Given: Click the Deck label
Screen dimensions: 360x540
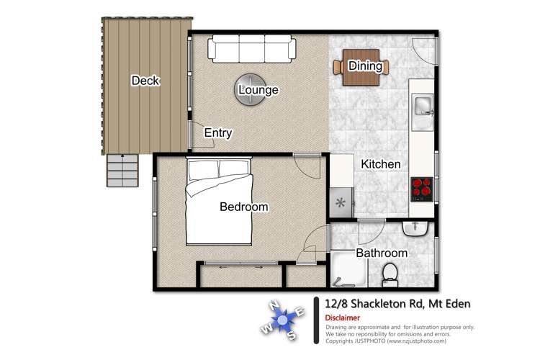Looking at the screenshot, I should pos(145,81).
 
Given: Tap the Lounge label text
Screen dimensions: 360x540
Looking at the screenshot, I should pos(258,90).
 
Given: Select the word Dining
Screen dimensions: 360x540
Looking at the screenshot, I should pos(365,66).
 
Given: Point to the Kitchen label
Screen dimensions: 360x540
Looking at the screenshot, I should pos(380,164).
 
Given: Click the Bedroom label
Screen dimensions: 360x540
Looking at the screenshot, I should pos(243,207).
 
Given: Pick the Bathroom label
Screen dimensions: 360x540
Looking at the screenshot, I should pos(382,253).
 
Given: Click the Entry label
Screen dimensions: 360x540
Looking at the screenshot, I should pos(218,133).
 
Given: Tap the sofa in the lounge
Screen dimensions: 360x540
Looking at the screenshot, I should pos(251,49).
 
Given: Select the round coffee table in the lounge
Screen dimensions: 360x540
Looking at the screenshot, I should pos(248,90).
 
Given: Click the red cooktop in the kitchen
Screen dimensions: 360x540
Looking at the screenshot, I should pos(422,189).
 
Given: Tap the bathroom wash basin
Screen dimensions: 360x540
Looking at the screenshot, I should pos(416,228).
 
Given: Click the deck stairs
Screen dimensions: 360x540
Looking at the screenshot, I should pos(121,171).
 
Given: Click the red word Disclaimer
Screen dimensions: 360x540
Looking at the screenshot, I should pos(343,317).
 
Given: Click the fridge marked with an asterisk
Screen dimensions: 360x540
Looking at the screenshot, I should pos(341,201).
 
